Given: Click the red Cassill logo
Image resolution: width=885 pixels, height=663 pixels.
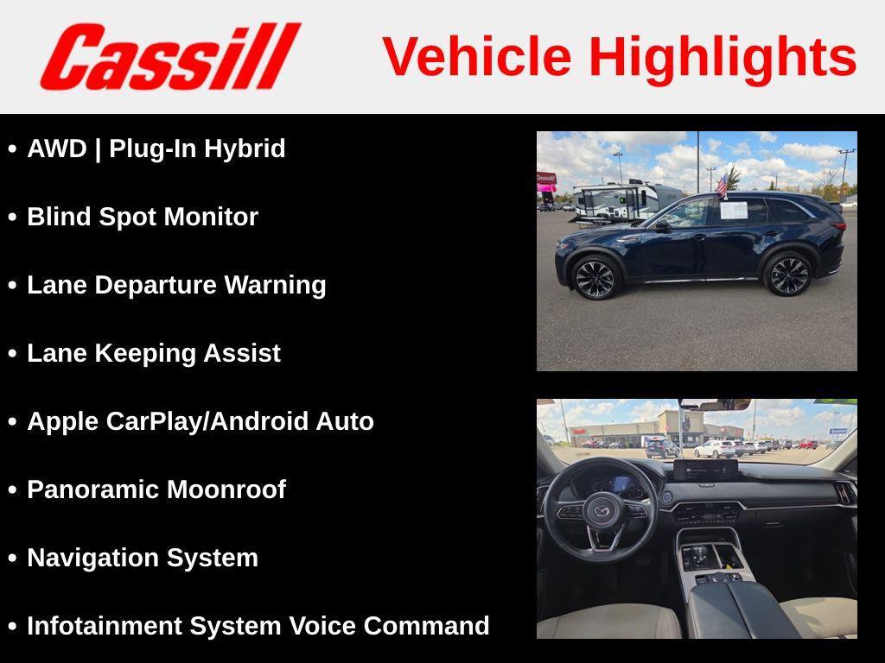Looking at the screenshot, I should (170, 57).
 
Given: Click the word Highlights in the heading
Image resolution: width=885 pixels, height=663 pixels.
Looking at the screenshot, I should (723, 57).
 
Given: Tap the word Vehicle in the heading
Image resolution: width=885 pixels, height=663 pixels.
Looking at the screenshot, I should (477, 57).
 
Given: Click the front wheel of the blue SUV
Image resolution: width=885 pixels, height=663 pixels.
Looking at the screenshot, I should (595, 278).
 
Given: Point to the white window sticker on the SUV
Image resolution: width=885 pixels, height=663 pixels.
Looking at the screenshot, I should (733, 210).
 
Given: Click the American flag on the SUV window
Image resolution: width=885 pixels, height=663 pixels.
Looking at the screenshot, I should (721, 185).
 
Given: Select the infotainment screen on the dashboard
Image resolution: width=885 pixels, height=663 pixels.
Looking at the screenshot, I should (705, 470).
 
